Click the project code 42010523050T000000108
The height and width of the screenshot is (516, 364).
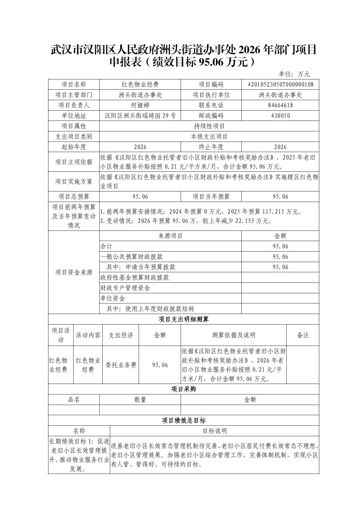point(280,85)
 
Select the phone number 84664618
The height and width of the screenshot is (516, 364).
point(280,105)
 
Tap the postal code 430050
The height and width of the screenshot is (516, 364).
point(280,116)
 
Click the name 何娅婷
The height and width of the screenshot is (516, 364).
point(140,105)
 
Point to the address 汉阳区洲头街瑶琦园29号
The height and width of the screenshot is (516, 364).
point(140,116)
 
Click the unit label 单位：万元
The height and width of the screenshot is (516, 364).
point(294,74)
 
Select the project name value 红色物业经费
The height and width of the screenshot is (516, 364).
point(140,85)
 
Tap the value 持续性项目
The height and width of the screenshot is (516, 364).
point(209,126)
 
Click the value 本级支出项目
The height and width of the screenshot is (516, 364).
point(209,137)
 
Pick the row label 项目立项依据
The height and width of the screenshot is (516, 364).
point(74,162)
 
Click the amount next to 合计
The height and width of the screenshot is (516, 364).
point(280,246)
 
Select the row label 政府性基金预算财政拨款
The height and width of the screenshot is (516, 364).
point(135,278)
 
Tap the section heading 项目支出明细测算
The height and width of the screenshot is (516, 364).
point(184,319)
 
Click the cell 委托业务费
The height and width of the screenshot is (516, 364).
point(121,365)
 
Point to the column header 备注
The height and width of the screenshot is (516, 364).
point(303,335)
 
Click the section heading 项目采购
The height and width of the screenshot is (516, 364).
point(184,389)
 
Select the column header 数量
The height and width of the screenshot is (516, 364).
point(140,400)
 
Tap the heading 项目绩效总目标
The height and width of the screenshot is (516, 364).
point(184,421)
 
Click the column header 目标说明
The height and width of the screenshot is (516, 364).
point(215,431)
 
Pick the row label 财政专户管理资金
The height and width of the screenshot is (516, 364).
point(125,288)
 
